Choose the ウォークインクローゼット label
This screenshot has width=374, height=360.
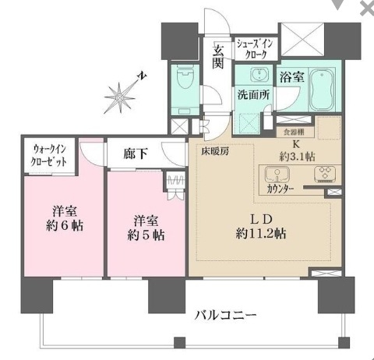49,155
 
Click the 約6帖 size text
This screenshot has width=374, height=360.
63,226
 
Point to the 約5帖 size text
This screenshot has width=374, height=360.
147,233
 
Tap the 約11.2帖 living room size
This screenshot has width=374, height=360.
257,232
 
